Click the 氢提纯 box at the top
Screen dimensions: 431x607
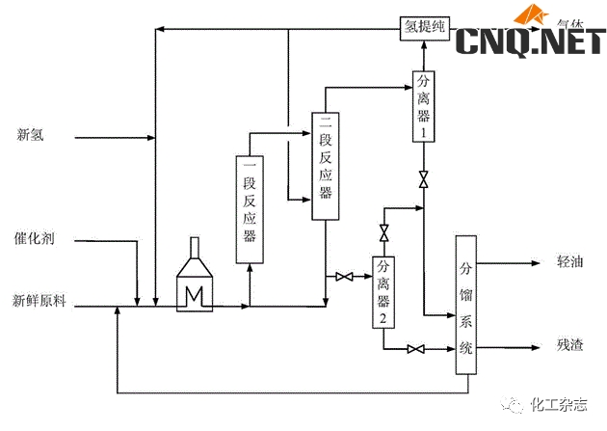click(x=423, y=29)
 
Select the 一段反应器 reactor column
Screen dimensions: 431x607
click(x=250, y=207)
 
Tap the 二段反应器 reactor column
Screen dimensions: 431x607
click(x=326, y=166)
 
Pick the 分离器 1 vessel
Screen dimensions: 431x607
click(x=423, y=107)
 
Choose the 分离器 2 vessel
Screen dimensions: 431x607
click(x=383, y=292)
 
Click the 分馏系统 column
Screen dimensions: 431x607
click(x=466, y=305)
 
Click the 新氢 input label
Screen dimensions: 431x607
click(x=31, y=135)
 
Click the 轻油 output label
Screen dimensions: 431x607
click(x=569, y=262)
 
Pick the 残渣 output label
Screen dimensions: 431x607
click(x=569, y=345)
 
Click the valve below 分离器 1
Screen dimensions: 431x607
click(x=423, y=179)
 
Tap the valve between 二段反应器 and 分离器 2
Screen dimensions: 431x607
click(x=343, y=278)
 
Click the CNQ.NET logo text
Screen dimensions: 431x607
click(x=529, y=40)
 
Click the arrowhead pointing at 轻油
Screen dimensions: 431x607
click(x=536, y=262)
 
